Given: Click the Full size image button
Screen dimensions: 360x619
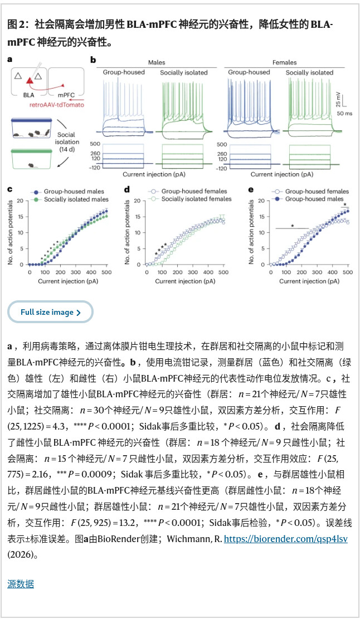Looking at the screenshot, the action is pos(50,312).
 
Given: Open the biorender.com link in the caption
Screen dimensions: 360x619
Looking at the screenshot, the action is pos(286,539).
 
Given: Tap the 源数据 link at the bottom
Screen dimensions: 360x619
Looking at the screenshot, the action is pos(21,584).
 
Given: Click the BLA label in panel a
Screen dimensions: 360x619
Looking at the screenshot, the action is pos(28,95).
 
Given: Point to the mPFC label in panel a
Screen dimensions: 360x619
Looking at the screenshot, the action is pos(66,95).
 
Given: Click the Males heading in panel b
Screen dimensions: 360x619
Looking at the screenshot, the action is pos(156,62).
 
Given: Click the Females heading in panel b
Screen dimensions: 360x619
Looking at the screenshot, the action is pos(284,62).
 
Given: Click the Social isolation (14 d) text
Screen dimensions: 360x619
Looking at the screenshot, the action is pos(66,142).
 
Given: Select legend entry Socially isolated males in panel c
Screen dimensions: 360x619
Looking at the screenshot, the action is pos(76,199).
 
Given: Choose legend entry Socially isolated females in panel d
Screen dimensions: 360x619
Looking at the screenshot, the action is pos(196,199).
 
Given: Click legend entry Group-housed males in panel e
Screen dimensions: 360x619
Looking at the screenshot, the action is pos(314,199).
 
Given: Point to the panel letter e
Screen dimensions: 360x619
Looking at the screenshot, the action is pos(251,190).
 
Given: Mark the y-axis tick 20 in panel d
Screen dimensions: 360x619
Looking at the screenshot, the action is pos(138,201).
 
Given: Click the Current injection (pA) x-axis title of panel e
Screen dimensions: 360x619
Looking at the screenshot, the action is pos(309,281).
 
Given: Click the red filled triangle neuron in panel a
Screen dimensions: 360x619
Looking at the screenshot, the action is pos(29,81).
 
